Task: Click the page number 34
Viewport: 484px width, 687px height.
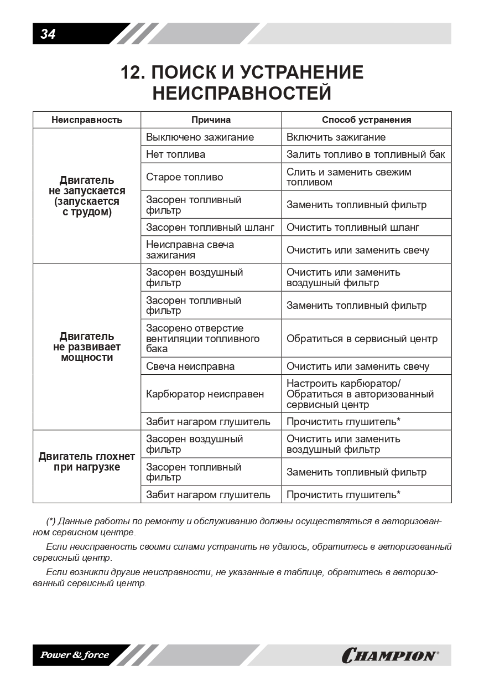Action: point(48,34)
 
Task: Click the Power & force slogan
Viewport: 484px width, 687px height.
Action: point(74,655)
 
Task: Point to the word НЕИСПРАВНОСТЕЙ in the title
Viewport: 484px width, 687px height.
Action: point(242,93)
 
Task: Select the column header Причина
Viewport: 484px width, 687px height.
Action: point(211,120)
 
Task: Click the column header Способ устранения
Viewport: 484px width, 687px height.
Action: point(366,120)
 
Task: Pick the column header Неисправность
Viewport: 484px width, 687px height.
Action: point(87,120)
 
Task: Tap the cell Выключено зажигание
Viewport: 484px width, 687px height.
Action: point(200,137)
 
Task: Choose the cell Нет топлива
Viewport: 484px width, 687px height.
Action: point(175,154)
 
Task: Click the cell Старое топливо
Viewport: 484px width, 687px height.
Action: point(185,177)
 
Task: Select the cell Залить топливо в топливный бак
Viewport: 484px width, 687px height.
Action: point(366,154)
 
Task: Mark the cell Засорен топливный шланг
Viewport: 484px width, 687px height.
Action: point(210,228)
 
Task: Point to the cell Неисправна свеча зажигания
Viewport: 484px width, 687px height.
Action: point(190,250)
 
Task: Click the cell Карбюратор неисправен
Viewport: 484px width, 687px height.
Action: point(205,394)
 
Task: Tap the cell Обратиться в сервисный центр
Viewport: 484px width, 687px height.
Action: point(362,339)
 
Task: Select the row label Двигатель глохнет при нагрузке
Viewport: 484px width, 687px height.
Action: point(87,462)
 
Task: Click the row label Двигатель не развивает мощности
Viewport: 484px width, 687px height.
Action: point(87,347)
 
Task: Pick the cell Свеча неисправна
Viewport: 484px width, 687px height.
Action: point(190,366)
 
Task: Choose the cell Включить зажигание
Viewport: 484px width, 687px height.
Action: point(336,137)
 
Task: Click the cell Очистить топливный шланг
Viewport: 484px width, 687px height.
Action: point(353,228)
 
